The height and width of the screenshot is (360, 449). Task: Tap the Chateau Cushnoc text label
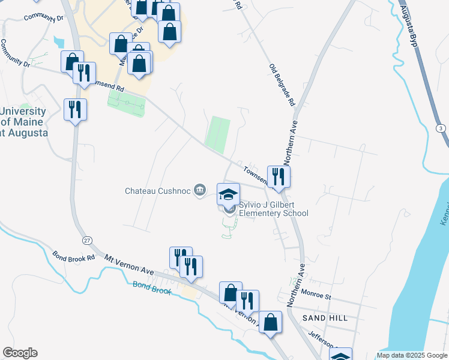157,191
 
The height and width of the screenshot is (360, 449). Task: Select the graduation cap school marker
228,194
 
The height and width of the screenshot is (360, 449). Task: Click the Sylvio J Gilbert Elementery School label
274,209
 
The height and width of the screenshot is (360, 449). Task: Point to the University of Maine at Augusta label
23,122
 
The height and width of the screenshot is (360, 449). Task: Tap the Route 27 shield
88,240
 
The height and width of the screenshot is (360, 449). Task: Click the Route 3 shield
441,128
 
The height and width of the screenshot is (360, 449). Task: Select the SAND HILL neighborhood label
325,317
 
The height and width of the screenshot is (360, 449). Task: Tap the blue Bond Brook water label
152,288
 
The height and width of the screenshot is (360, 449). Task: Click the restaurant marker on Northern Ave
279,176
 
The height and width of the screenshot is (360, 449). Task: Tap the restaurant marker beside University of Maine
76,110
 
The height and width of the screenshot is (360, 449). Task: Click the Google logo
19,353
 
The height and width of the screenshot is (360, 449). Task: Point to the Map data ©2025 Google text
411,355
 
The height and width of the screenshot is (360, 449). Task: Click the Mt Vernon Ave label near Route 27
130,264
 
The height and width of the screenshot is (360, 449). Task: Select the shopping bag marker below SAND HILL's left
271,322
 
